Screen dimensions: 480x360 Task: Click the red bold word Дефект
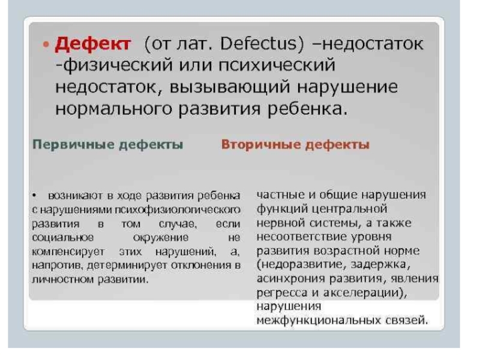tap(93, 44)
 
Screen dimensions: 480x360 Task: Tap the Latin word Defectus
tap(259, 43)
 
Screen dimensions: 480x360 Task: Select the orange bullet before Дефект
tap(46, 44)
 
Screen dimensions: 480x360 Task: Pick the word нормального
tap(113, 109)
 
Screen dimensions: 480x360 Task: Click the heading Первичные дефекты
tap(108, 145)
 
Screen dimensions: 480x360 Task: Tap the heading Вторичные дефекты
tap(295, 145)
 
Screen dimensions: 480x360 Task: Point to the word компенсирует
tap(68, 252)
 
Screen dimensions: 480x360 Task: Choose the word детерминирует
tap(127, 265)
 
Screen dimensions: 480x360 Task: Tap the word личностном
tap(63, 280)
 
